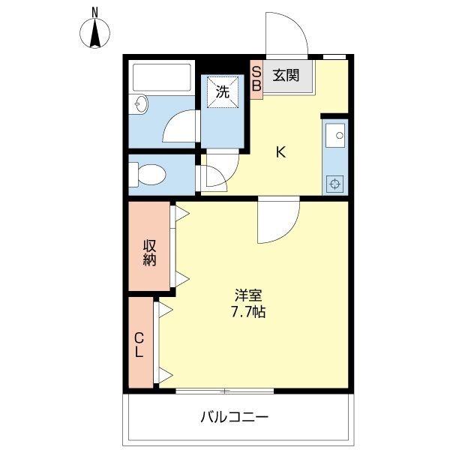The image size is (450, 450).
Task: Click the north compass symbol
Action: coord(95,34)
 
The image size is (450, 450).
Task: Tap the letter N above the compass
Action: coord(95,11)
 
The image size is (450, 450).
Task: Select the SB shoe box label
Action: coord(256,78)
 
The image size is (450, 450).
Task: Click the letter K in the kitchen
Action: coord(280,153)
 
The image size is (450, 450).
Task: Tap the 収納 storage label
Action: coord(150,253)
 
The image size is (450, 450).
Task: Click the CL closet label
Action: coord(139,344)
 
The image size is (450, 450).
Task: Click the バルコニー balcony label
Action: coord(235,416)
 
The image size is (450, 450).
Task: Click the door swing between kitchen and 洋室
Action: coord(277,222)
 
